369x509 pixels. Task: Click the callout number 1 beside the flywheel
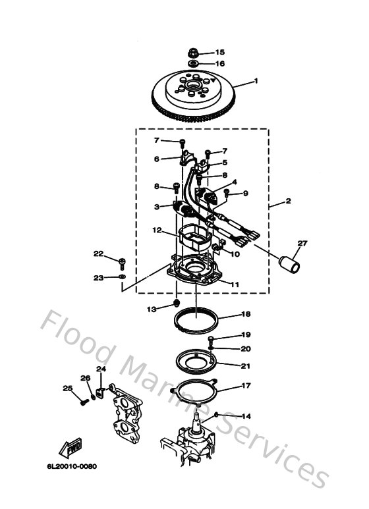tap(256, 82)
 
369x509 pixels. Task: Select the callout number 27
tap(302, 244)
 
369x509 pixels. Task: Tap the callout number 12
tap(157, 230)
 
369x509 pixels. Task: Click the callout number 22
tap(98, 254)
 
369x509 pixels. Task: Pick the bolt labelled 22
tap(123, 263)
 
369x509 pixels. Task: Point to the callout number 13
tap(152, 308)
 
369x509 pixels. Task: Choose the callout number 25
tap(67, 388)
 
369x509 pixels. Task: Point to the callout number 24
tap(101, 369)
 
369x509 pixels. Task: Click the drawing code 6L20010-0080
tap(71, 467)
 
